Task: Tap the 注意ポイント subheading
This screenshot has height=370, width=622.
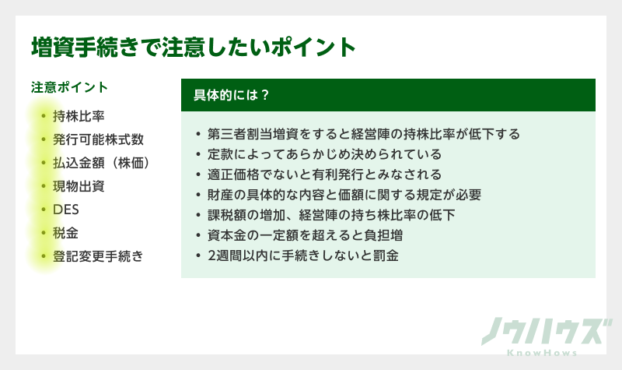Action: click(x=69, y=87)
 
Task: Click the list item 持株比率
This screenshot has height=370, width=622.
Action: click(x=79, y=117)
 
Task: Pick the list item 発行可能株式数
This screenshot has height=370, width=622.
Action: click(x=98, y=140)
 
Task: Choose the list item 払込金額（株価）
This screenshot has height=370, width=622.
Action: click(x=100, y=164)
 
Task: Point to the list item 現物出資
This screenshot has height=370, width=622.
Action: click(x=79, y=187)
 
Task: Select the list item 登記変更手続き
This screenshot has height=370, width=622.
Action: click(x=98, y=256)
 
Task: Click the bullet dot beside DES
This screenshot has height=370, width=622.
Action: click(x=44, y=210)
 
